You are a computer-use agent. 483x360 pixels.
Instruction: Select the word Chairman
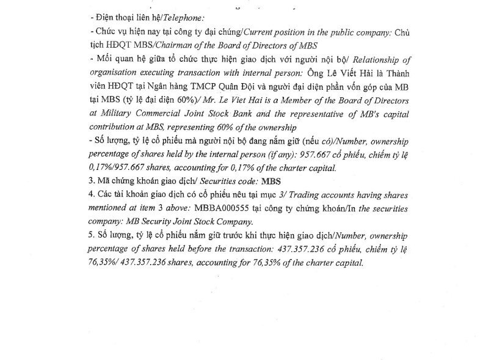(x=162, y=45)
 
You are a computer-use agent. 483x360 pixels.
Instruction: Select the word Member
(x=310, y=100)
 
